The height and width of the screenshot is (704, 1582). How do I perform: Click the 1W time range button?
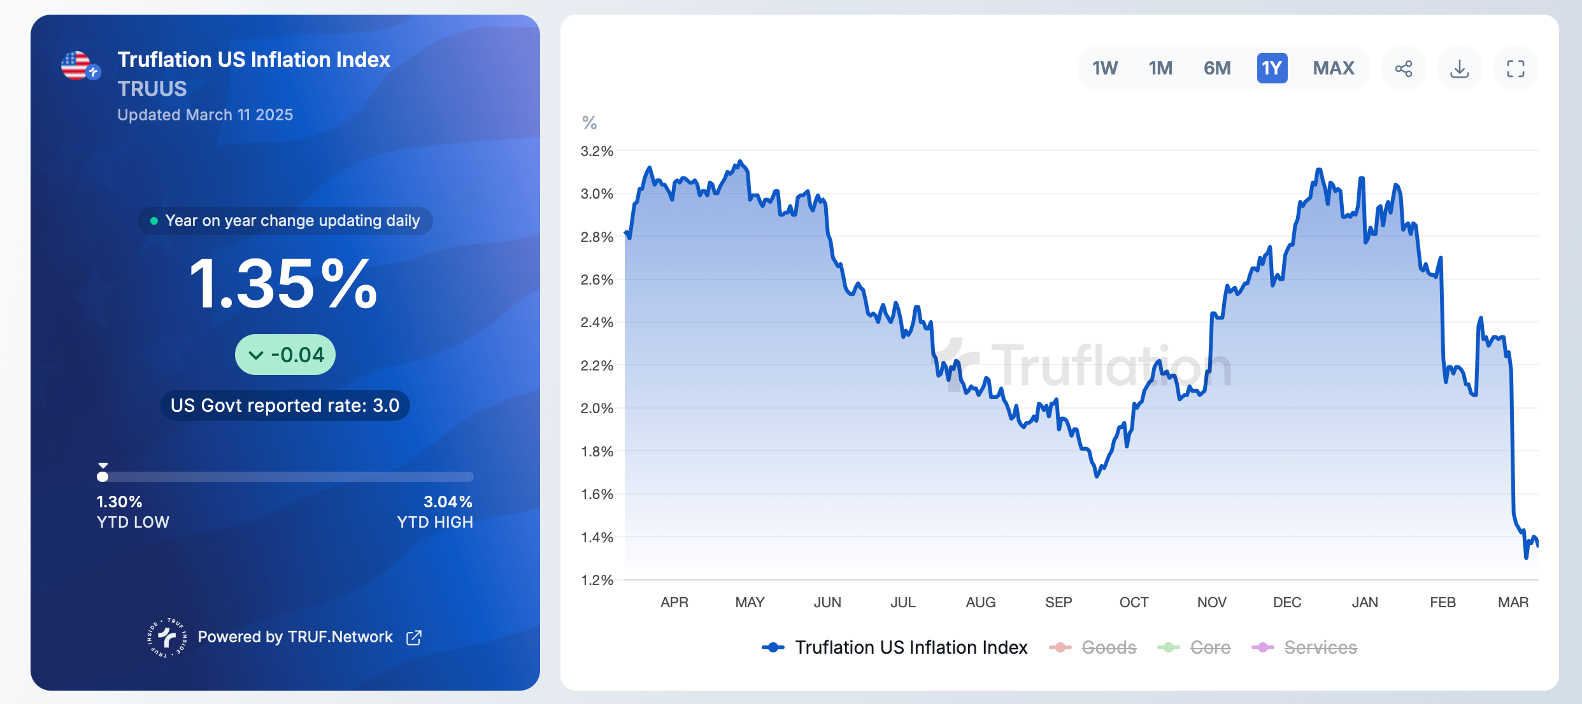[x=1105, y=68]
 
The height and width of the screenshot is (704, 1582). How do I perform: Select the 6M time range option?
[x=1216, y=68]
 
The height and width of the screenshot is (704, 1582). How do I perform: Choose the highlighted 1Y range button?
[x=1272, y=68]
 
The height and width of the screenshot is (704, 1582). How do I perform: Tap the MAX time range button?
[x=1334, y=68]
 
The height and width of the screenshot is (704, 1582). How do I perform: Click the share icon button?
[x=1404, y=69]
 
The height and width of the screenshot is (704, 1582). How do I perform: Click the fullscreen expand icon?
[x=1516, y=69]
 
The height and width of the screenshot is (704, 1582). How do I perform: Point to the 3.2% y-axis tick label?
[x=597, y=151]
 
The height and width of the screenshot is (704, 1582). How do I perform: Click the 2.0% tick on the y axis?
[x=597, y=409]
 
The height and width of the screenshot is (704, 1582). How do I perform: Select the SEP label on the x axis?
[x=1058, y=602]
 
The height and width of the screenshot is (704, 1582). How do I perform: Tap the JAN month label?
[x=1365, y=602]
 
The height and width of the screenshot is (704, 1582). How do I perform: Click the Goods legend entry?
[x=1108, y=647]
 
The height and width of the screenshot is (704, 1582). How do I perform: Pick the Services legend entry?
[x=1320, y=647]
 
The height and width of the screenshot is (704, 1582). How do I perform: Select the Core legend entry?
[x=1210, y=647]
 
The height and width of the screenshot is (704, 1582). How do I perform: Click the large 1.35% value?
[x=284, y=284]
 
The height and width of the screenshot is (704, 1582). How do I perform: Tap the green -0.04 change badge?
[x=285, y=355]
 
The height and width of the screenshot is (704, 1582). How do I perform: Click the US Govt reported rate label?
[x=285, y=405]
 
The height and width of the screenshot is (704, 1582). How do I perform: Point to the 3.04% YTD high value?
[x=448, y=502]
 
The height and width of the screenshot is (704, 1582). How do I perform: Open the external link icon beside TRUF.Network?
[x=414, y=637]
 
